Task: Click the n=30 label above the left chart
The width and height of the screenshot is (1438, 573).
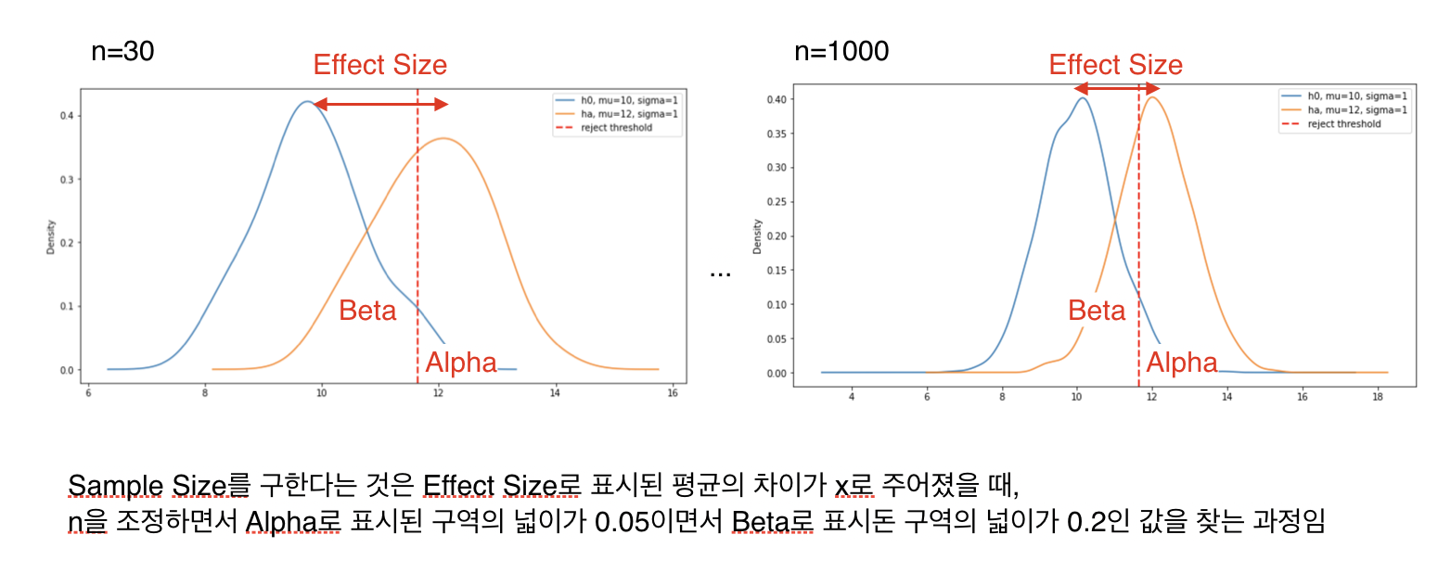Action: [122, 52]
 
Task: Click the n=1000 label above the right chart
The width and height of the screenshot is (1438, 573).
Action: [841, 51]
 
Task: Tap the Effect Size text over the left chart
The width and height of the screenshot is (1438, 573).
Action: [380, 65]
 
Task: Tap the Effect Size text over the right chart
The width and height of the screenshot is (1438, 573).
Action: [1116, 65]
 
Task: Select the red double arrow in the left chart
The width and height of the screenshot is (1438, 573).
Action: [380, 105]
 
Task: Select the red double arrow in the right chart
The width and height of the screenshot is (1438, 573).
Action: [1117, 89]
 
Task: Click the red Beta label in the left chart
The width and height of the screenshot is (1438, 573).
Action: [367, 310]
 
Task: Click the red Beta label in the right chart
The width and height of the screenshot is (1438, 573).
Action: [1097, 311]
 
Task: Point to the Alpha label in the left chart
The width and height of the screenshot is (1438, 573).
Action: [461, 363]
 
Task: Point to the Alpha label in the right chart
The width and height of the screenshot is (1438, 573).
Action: [1182, 362]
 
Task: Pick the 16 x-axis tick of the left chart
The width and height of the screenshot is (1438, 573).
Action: [672, 392]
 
